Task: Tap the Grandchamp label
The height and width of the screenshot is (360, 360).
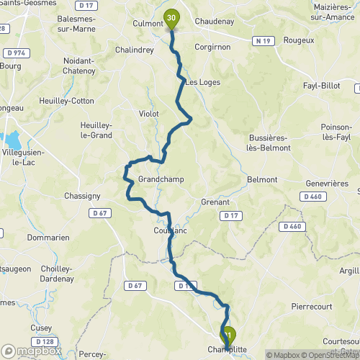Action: coord(158,179)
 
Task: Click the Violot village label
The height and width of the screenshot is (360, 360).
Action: coord(149,114)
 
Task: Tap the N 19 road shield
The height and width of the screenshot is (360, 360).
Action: coord(264,42)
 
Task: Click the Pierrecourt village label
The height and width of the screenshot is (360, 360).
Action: coord(312,306)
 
